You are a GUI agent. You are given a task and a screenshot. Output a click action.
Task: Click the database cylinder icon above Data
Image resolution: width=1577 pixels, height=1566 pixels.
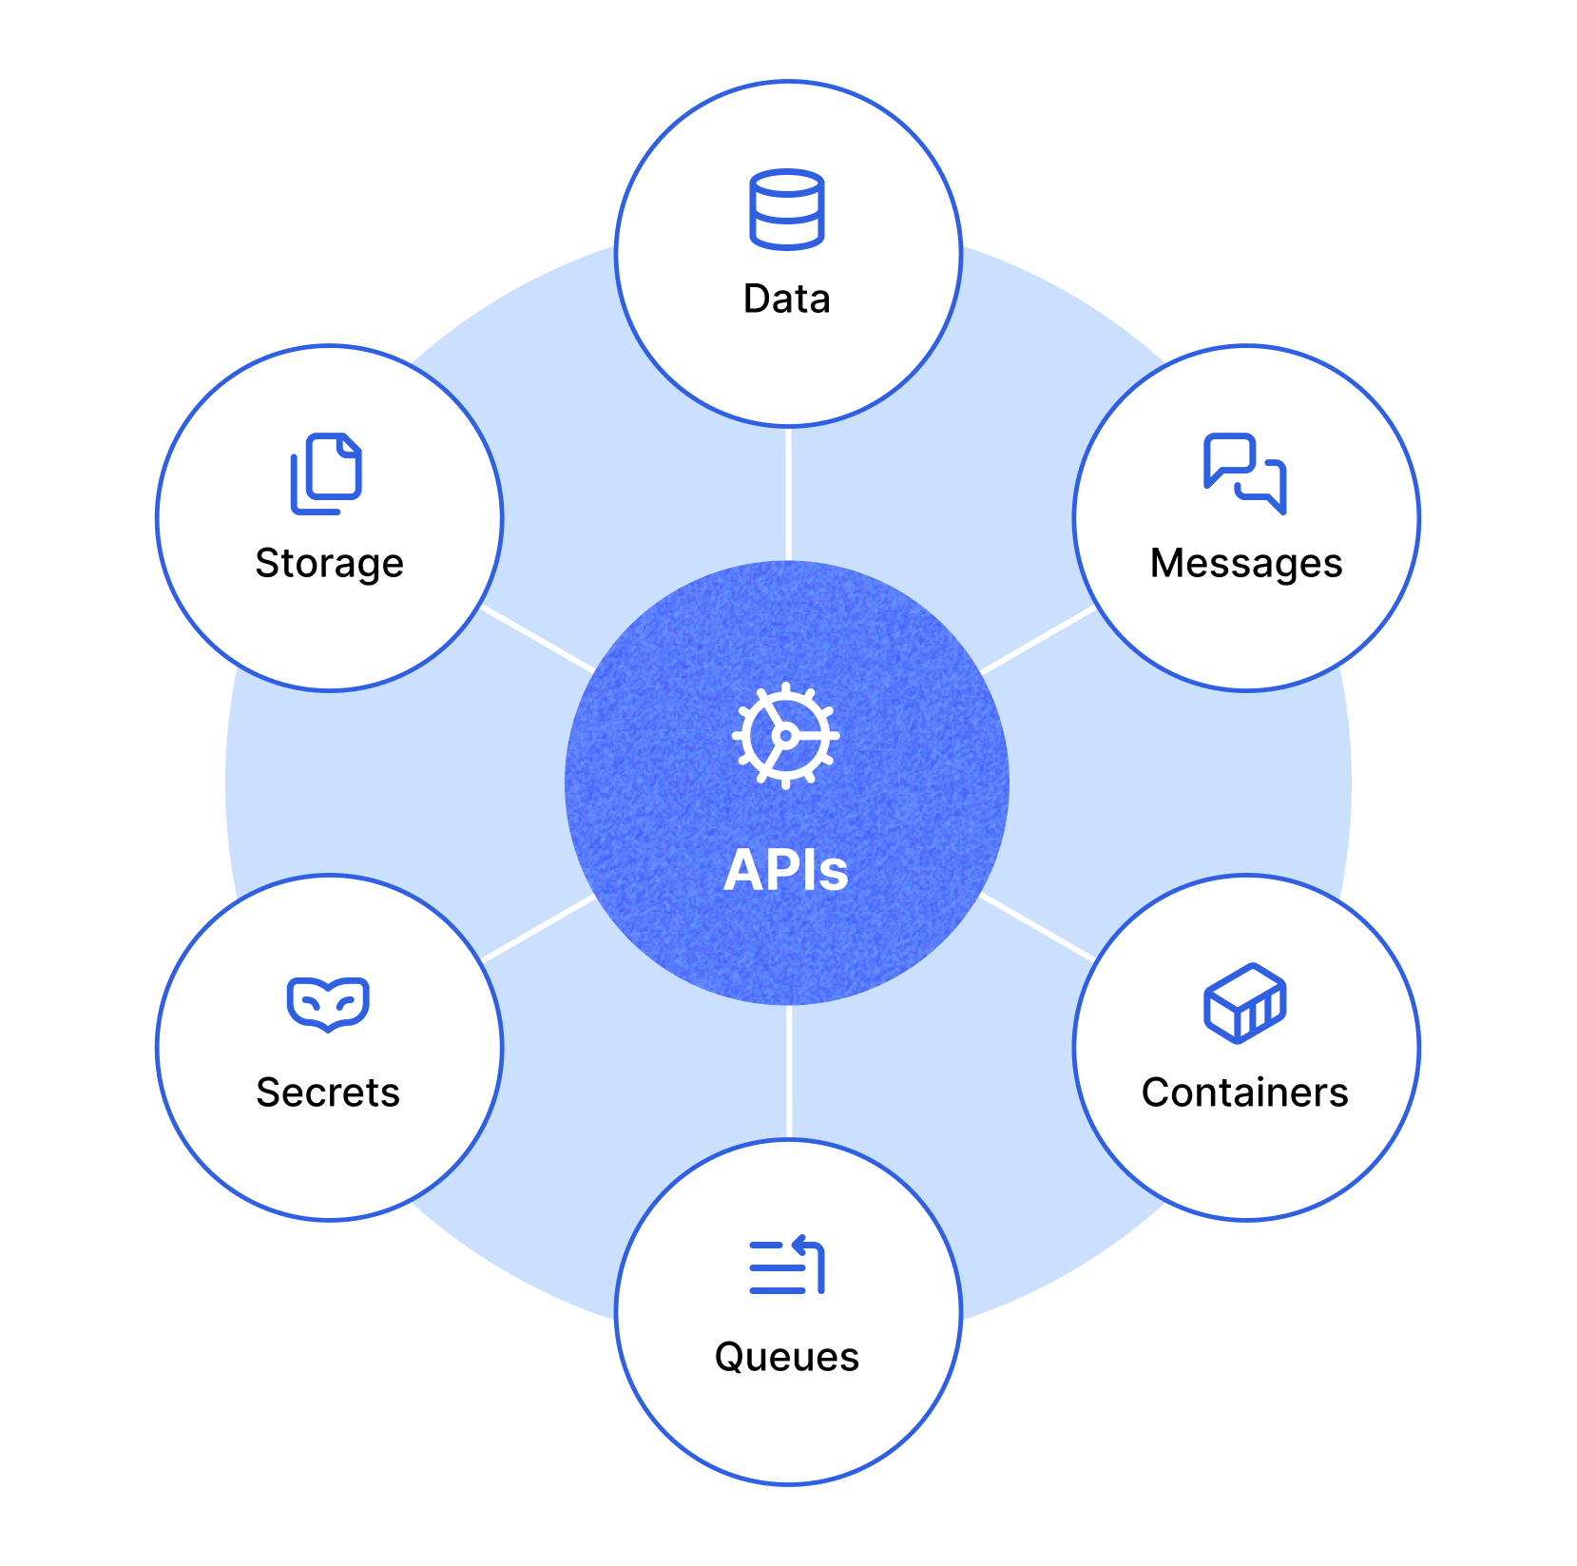tap(786, 209)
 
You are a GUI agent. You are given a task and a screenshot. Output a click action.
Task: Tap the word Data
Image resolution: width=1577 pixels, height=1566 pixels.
tap(787, 300)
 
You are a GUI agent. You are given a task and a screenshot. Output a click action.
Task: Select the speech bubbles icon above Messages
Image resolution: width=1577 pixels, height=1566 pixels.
tap(1244, 473)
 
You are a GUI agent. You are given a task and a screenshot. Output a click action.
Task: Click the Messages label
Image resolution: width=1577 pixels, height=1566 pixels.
tap(1245, 564)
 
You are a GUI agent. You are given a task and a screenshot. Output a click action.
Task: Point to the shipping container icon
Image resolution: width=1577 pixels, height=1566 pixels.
tap(1244, 1003)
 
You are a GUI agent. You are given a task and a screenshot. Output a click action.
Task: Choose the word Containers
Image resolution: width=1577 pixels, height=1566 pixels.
tap(1244, 1092)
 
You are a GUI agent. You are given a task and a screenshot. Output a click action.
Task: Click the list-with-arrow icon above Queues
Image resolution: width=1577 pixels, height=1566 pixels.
tap(787, 1266)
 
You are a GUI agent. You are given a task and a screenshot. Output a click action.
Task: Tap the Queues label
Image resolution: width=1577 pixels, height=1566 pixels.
tap(787, 1357)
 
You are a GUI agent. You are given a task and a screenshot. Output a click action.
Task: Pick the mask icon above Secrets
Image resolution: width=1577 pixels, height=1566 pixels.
tap(328, 1003)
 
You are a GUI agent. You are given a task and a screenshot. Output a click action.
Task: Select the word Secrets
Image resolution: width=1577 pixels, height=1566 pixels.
tap(328, 1092)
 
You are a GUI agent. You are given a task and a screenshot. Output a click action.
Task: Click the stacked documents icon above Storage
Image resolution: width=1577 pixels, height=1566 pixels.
tap(326, 474)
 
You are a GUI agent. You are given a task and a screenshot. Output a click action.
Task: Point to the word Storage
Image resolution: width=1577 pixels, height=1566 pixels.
tap(329, 564)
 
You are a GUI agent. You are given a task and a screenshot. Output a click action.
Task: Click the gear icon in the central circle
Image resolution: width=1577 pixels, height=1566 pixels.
tap(785, 735)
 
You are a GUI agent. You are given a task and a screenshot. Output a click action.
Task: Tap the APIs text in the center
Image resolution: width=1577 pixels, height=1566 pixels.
tap(785, 870)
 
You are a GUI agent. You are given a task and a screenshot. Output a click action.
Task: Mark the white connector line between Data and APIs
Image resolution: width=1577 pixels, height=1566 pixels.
tap(789, 494)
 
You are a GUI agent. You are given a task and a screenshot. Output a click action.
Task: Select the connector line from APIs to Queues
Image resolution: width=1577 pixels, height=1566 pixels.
tap(789, 1072)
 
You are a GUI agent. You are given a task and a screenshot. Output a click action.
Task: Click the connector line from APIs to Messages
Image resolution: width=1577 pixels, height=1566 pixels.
tap(1037, 640)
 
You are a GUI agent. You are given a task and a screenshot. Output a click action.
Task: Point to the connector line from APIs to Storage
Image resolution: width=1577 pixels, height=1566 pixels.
tap(538, 638)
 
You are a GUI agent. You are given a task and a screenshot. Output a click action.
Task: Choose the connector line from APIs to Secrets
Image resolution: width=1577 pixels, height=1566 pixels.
tap(538, 928)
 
